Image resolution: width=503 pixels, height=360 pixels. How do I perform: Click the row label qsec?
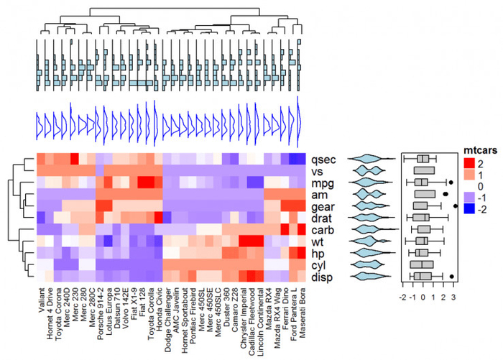[x=323, y=160]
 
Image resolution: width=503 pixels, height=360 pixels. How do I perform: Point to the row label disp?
[x=324, y=277]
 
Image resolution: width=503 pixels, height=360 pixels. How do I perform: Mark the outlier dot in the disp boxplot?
[x=451, y=277]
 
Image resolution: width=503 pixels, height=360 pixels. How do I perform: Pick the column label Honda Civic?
[x=160, y=305]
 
